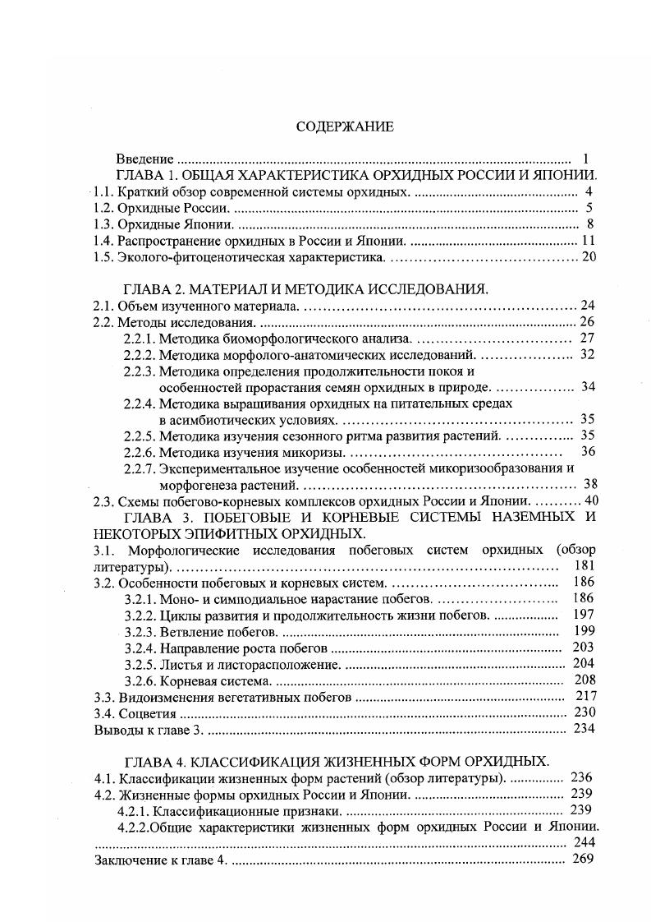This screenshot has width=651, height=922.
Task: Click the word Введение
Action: [144, 159]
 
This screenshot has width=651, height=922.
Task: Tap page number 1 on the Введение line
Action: [585, 159]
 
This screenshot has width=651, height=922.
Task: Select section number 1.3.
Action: [102, 224]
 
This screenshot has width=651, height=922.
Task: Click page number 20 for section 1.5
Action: [588, 257]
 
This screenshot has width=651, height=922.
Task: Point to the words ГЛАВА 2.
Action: [152, 289]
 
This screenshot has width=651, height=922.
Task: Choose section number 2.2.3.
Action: [140, 371]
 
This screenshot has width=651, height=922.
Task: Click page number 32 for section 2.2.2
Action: [587, 355]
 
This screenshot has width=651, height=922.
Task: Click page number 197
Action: [584, 615]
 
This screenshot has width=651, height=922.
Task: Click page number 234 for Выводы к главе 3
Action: [584, 729]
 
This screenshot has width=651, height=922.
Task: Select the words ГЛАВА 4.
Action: [152, 760]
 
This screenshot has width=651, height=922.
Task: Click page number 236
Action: [580, 777]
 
